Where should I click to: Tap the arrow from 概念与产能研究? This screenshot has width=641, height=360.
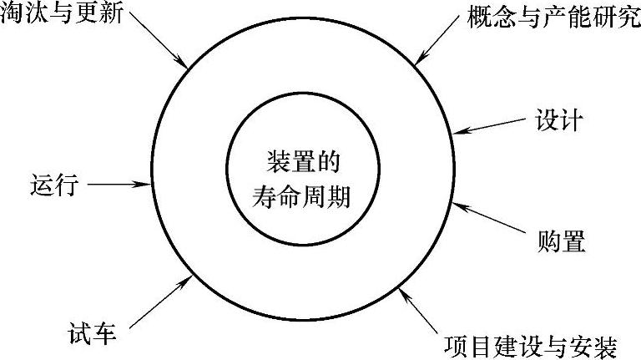pos(439,43)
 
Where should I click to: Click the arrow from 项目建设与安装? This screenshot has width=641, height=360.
pos(421,310)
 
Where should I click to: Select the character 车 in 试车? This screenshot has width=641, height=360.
pos(104,337)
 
